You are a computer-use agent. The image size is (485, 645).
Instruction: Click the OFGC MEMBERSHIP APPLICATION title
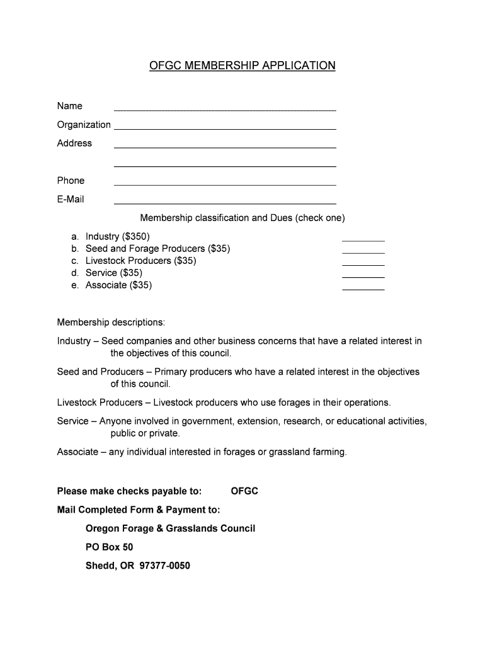[x=243, y=66]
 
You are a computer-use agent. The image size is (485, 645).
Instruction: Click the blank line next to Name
[x=224, y=108]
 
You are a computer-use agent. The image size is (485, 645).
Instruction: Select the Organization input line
[x=224, y=127]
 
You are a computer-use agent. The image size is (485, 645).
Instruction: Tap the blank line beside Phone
[x=224, y=183]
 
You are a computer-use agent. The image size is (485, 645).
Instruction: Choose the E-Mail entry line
[x=224, y=202]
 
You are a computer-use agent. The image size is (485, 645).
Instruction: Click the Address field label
[x=74, y=143]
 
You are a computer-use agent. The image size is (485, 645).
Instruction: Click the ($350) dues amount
[x=137, y=236]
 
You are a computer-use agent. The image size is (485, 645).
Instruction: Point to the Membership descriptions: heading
[x=111, y=322]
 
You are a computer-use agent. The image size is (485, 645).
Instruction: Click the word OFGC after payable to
[x=244, y=491]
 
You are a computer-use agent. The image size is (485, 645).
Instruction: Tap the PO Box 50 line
[x=109, y=547]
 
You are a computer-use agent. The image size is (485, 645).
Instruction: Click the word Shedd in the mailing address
[x=98, y=566]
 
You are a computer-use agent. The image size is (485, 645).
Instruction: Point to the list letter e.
[x=75, y=285]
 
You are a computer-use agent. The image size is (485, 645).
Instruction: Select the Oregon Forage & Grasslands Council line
[x=170, y=528]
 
